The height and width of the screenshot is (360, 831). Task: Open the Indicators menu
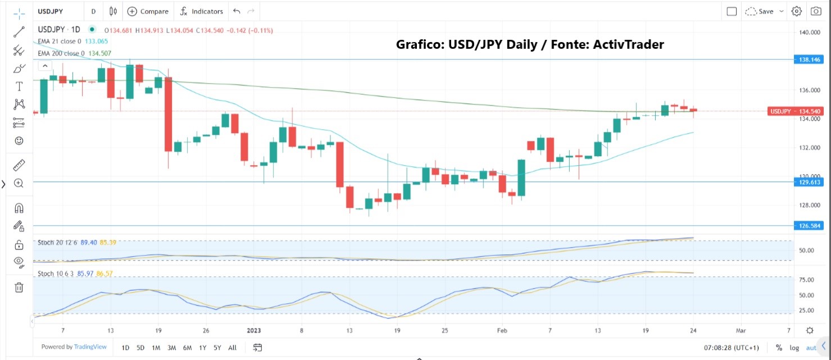point(202,11)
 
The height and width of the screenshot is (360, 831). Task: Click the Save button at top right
point(766,11)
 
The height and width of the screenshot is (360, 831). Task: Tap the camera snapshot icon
point(815,11)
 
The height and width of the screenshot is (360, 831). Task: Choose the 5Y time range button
point(217,348)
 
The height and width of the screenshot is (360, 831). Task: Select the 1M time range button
point(156,348)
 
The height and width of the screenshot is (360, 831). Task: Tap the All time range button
point(232,348)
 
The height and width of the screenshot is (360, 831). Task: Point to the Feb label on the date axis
point(502,330)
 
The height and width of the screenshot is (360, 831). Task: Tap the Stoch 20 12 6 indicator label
point(58,243)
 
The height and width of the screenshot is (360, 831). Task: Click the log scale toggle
point(795,348)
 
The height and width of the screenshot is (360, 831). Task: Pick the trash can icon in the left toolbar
point(19,288)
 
